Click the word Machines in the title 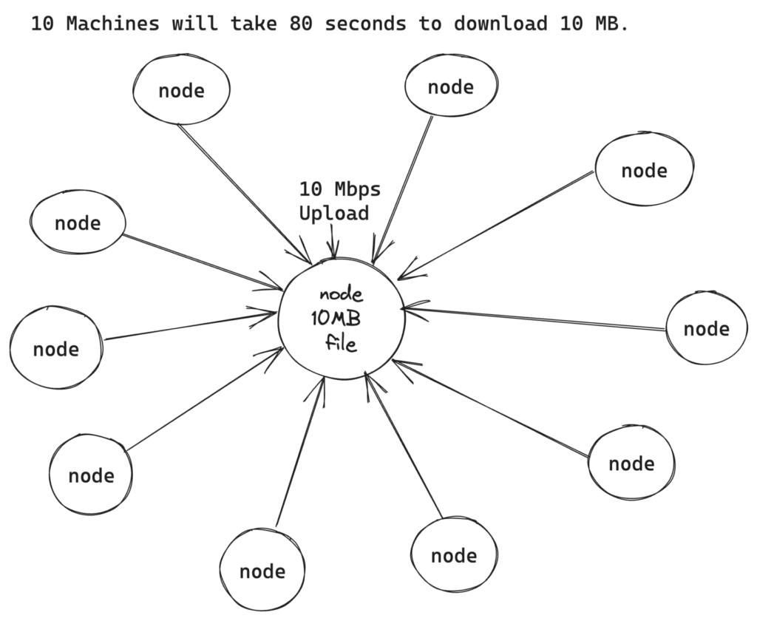tap(112, 24)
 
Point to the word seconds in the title tap(365, 24)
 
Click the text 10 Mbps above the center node tap(340, 189)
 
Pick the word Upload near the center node tap(333, 214)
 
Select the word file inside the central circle tap(342, 344)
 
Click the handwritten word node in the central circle tap(342, 296)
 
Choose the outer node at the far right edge tap(706, 329)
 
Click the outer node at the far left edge tap(56, 348)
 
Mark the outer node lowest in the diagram tap(262, 571)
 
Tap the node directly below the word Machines tap(181, 90)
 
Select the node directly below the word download tap(450, 87)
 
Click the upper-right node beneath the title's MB tap(644, 171)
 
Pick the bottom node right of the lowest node tap(454, 555)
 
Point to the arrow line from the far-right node tap(540, 319)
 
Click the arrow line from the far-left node tap(189, 326)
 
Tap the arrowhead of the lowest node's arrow tap(322, 382)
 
